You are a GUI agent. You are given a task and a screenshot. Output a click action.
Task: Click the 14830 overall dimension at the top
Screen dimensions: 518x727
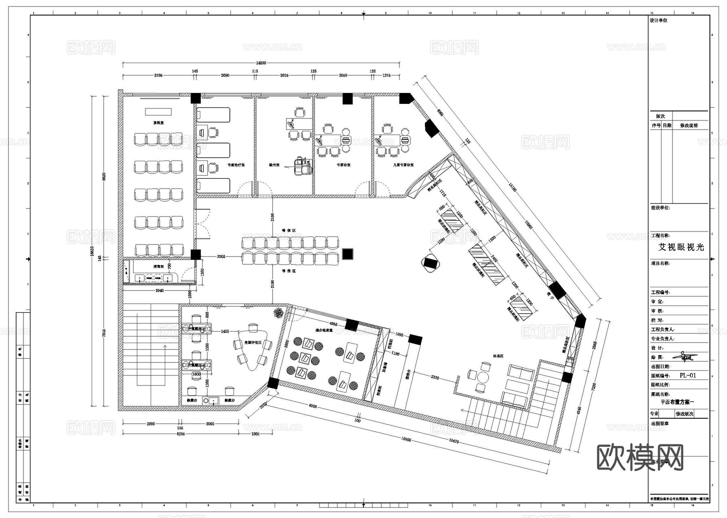pos(261,63)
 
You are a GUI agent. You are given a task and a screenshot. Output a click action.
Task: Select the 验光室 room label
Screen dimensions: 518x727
pos(274,165)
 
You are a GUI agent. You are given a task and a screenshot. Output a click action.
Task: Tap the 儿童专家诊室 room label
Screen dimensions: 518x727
pos(403,165)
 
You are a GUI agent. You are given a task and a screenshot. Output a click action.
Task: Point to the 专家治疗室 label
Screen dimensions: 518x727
pos(236,165)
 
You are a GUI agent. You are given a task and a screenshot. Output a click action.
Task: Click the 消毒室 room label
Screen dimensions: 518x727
pos(158,267)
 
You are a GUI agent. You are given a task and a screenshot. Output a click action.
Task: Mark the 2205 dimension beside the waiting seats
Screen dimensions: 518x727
pos(221,257)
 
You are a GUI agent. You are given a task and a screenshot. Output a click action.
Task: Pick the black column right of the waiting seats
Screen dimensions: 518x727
pos(347,254)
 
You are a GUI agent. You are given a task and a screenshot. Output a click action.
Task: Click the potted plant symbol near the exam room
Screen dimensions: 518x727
pos(278,312)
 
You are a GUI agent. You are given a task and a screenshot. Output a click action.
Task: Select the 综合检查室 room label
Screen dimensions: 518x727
pos(324,330)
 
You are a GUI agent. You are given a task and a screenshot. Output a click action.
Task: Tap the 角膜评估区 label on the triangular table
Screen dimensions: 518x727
pos(253,343)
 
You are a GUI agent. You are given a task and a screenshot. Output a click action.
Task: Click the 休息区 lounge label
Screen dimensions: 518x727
pos(498,356)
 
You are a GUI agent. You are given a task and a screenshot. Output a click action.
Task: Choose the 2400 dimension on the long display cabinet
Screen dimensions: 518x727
pos(494,258)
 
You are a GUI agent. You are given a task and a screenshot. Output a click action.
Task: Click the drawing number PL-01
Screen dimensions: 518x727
pos(688,375)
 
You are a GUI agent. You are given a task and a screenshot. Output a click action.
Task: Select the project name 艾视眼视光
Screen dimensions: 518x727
pos(681,247)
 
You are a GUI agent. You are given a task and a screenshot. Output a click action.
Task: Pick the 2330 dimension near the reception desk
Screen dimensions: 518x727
pos(435,377)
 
